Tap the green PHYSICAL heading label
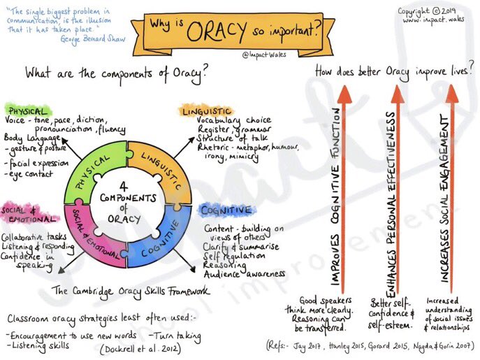pos(28,110)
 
